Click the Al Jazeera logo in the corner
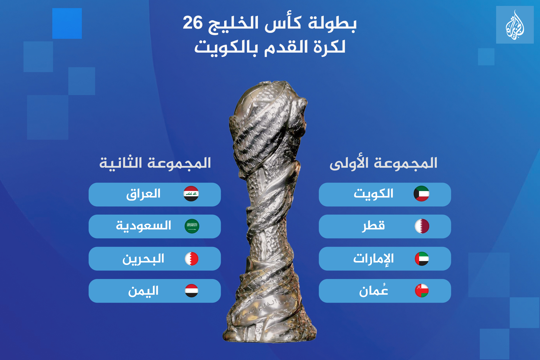pyautogui.click(x=515, y=25)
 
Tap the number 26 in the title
pyautogui.click(x=193, y=23)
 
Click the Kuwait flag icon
pyautogui.click(x=421, y=193)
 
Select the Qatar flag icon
pyautogui.click(x=422, y=226)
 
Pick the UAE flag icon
pyautogui.click(x=422, y=259)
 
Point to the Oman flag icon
pyautogui.click(x=422, y=291)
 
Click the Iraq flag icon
pyautogui.click(x=191, y=193)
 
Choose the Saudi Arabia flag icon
pyautogui.click(x=192, y=226)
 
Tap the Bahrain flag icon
pyautogui.click(x=192, y=259)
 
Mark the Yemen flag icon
pyautogui.click(x=192, y=291)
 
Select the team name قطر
pyautogui.click(x=373, y=226)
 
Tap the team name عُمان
pyautogui.click(x=373, y=290)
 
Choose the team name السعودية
pyautogui.click(x=143, y=226)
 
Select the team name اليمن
pyautogui.click(x=143, y=291)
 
